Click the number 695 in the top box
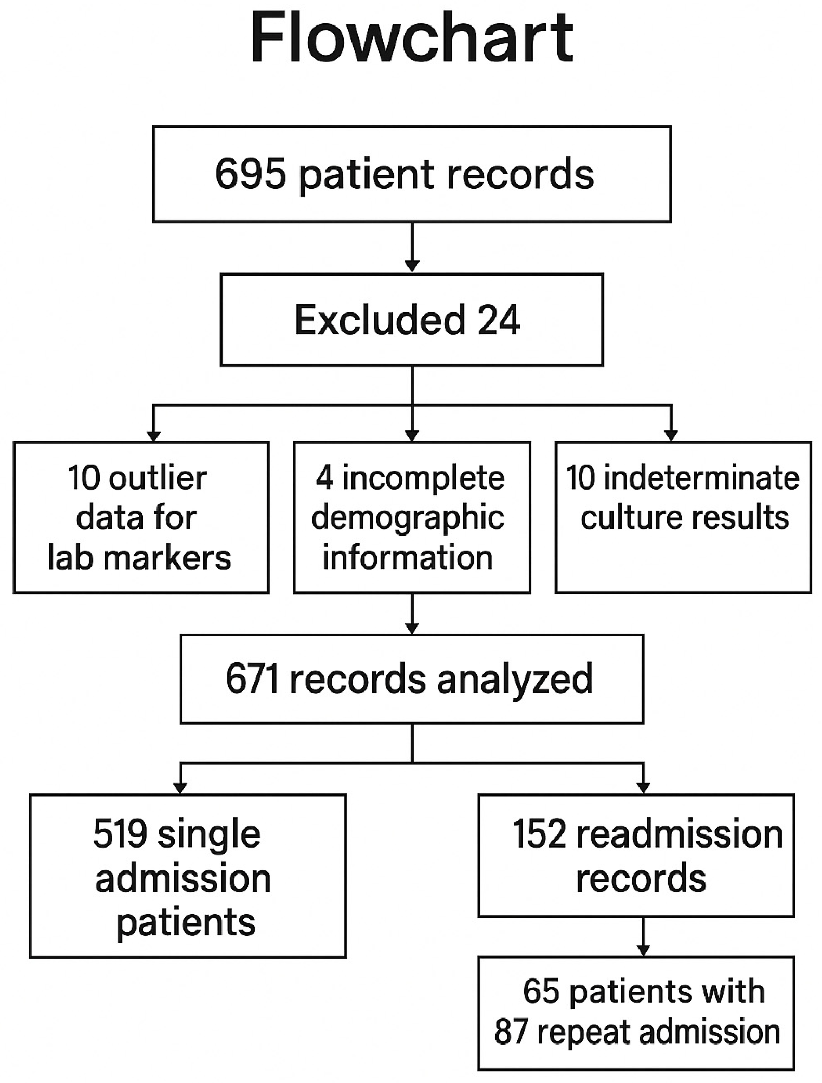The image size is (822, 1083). pyautogui.click(x=250, y=174)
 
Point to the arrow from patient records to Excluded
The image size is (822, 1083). pyautogui.click(x=412, y=247)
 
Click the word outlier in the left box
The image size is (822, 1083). pyautogui.click(x=158, y=478)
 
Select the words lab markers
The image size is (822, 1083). pyautogui.click(x=139, y=558)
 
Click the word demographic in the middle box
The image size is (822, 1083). pyautogui.click(x=408, y=518)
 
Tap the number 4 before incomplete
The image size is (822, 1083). pyautogui.click(x=324, y=478)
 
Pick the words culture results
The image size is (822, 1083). pyautogui.click(x=684, y=518)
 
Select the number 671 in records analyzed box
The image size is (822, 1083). pyautogui.click(x=252, y=679)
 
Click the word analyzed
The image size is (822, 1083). pyautogui.click(x=514, y=679)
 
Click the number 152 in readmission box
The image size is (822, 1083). pyautogui.click(x=539, y=834)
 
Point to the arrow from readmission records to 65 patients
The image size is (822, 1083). pyautogui.click(x=643, y=936)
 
